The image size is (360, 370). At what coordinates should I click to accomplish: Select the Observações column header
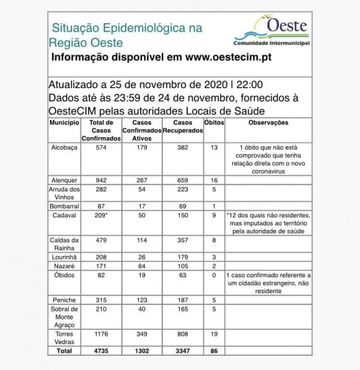[x=268, y=123]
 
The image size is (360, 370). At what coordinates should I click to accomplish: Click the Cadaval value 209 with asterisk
[x=100, y=215]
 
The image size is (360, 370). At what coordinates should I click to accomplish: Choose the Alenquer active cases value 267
[x=142, y=180]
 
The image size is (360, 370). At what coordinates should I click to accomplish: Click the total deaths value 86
[x=214, y=351]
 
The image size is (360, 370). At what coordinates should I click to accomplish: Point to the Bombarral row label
[x=64, y=205]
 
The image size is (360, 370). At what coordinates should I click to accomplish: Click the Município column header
[x=64, y=123]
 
